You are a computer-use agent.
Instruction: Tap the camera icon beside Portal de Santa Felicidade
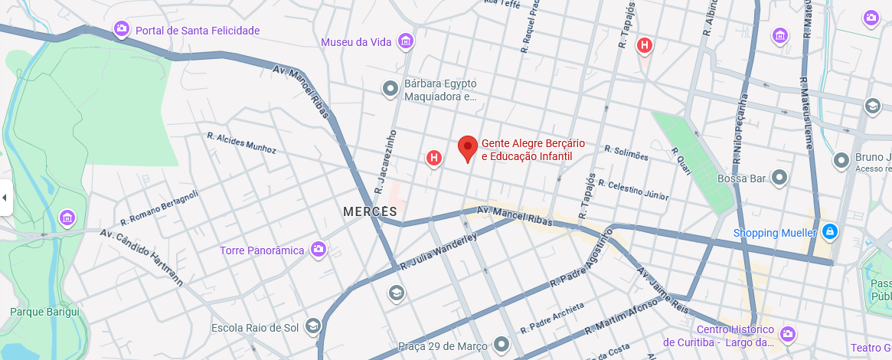122,30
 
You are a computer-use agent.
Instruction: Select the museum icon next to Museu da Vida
406,41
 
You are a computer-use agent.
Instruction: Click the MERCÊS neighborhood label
370,211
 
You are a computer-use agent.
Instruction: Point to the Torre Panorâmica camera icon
319,250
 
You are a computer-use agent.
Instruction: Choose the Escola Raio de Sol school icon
312,327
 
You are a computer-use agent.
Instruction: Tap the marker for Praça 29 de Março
501,344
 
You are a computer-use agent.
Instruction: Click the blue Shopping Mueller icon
830,231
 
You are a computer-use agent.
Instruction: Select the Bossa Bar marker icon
780,178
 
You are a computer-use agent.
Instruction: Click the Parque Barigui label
44,312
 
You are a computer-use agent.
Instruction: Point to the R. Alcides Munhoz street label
241,143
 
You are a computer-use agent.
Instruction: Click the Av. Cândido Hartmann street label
142,256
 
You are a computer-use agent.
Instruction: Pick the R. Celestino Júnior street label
633,190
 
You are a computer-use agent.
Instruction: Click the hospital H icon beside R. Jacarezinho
434,158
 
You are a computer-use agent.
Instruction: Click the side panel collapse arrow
5,198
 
